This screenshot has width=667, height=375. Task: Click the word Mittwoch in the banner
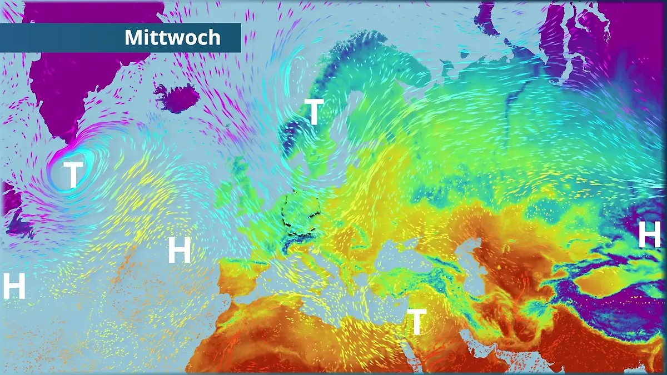coord(172,38)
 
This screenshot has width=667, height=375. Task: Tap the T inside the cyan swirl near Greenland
coord(73,174)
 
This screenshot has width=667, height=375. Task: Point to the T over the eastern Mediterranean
coord(416,322)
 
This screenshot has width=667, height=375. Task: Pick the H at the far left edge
coord(14,286)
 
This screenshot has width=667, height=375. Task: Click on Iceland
coord(177,98)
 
